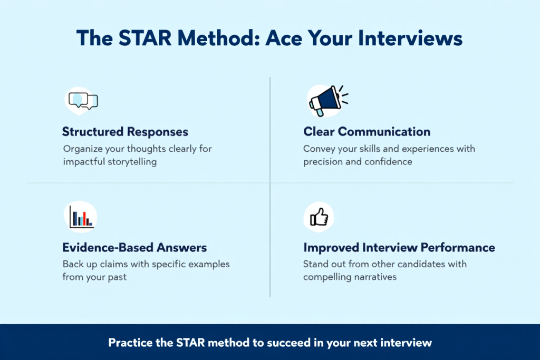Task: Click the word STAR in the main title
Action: point(145,38)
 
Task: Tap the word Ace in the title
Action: point(284,38)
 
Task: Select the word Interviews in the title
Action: point(410,38)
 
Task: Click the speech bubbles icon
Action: point(83,101)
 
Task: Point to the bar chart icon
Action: point(81,217)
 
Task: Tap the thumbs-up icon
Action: point(319,217)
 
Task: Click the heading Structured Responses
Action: point(125,132)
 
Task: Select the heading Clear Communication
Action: point(367,132)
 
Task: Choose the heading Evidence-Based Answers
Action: point(134,247)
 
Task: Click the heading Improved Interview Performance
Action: point(399,247)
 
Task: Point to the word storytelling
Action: point(132,162)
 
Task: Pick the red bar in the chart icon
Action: point(84,219)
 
